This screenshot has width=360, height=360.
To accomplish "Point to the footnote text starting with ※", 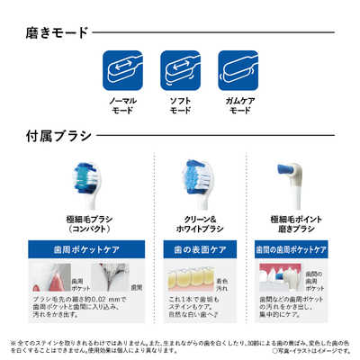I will (179, 346).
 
